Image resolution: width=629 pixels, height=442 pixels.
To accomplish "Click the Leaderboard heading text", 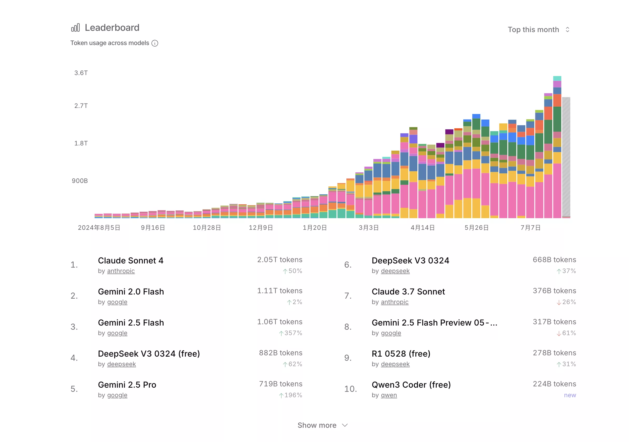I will coord(112,28).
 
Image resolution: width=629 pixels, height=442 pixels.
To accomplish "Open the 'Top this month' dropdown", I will coord(538,30).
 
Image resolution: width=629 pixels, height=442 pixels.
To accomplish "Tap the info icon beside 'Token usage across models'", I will coord(155,43).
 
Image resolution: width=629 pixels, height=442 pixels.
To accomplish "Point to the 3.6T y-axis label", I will coord(81,73).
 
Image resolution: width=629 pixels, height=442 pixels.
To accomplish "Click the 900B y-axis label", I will coord(80,181).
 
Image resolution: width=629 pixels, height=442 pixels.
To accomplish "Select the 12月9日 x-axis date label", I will coord(261,227).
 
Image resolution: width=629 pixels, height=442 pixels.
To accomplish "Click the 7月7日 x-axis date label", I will coord(530,227).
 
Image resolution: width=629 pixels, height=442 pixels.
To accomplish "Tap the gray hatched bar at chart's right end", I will coord(566,156).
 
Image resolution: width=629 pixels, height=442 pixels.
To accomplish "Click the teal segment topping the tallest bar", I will coord(557,78).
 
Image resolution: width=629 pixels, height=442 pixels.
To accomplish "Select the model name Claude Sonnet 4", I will coord(131,260).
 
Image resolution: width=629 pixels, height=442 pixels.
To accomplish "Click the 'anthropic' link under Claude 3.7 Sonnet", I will coord(395,302).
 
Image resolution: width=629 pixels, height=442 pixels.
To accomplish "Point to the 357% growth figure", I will coord(293,333).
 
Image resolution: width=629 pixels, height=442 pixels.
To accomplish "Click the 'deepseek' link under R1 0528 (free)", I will coord(395,364).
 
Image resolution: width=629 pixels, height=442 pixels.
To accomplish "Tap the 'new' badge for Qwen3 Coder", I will coord(570,395).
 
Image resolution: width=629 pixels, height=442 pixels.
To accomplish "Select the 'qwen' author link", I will coord(389,395).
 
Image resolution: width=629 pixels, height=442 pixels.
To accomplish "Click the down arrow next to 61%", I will coord(558,333).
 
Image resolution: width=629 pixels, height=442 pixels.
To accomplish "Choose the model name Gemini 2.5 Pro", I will coord(127,385).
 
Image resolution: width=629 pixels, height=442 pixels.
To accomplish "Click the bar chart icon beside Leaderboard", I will coord(75,28).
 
